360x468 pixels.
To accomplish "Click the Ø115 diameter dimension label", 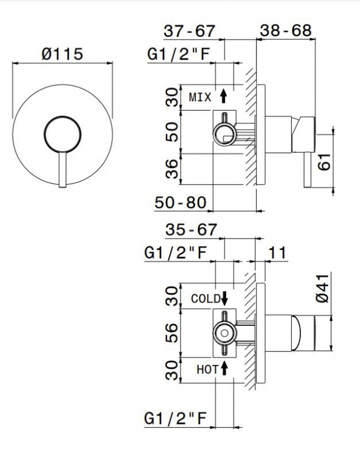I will coord(62,54).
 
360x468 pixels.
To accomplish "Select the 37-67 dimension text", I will coord(191,30).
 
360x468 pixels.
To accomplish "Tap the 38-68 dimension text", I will coord(286,30).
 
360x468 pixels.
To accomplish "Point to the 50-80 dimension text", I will coord(181,202).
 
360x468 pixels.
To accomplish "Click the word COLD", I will coord(206,298).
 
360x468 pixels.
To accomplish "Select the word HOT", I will coord(207,369).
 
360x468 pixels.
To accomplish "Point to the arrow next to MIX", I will coord(223,95).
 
